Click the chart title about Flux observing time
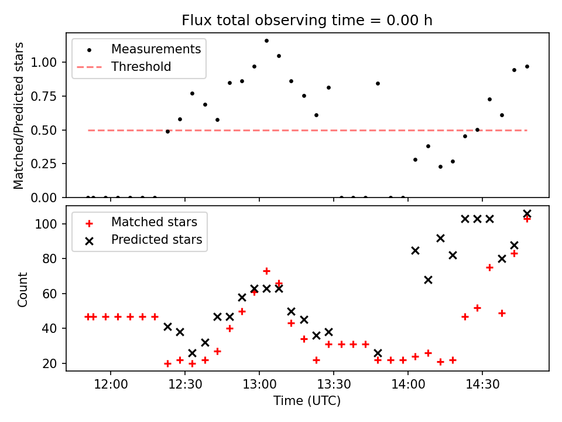click(307, 21)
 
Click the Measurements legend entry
click(156, 49)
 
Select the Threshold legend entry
click(141, 67)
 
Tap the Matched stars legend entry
click(154, 222)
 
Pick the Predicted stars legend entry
click(156, 240)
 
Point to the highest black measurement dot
click(266, 41)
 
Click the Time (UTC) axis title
click(307, 401)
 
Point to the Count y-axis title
click(23, 289)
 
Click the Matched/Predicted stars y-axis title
click(19, 115)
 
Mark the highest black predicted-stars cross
click(527, 214)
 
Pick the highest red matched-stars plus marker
click(527, 219)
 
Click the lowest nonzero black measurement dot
click(440, 166)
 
